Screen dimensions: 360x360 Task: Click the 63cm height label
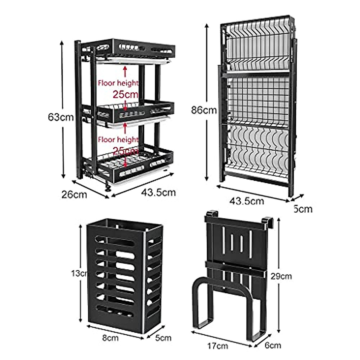(61, 117)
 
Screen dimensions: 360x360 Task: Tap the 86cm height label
(204, 110)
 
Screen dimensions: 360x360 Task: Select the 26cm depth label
(74, 195)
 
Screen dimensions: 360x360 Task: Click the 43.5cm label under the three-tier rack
(158, 192)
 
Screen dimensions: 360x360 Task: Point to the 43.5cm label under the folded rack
(247, 201)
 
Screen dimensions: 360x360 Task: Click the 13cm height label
(79, 273)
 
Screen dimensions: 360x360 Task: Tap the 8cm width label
(110, 338)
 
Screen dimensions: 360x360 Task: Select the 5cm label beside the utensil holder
(163, 338)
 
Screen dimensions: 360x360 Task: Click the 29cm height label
(280, 276)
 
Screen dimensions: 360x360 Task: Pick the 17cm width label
(218, 346)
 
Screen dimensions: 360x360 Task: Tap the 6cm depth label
(273, 345)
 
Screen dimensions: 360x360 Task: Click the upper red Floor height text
(118, 83)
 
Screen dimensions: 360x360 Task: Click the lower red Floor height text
(118, 139)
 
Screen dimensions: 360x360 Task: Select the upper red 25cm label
(125, 94)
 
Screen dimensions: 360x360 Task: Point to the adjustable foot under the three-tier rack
(107, 188)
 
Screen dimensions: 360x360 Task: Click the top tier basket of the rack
(135, 49)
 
